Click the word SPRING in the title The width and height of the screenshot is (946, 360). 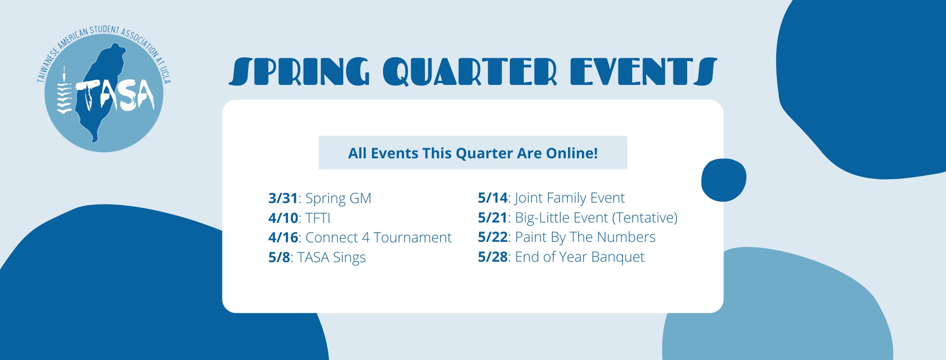pyautogui.click(x=299, y=72)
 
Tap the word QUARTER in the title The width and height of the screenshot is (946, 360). pyautogui.click(x=470, y=72)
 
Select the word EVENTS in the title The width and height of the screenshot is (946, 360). pyautogui.click(x=644, y=72)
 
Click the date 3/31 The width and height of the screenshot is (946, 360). pyautogui.click(x=283, y=198)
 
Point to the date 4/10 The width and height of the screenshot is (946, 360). pyautogui.click(x=283, y=218)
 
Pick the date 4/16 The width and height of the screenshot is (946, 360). pyautogui.click(x=283, y=237)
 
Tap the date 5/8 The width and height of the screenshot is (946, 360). pyautogui.click(x=279, y=257)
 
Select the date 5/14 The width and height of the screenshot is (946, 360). pyautogui.click(x=492, y=198)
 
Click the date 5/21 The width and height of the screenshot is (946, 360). pyautogui.click(x=492, y=217)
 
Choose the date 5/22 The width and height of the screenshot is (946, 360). pyautogui.click(x=492, y=237)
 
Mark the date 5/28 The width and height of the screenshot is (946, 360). pyautogui.click(x=492, y=257)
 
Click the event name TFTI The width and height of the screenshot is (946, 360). pyautogui.click(x=318, y=218)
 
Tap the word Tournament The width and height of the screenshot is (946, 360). pyautogui.click(x=413, y=237)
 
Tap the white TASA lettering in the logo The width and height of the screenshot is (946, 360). pyautogui.click(x=115, y=96)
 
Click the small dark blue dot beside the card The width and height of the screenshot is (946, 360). pyautogui.click(x=724, y=180)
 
